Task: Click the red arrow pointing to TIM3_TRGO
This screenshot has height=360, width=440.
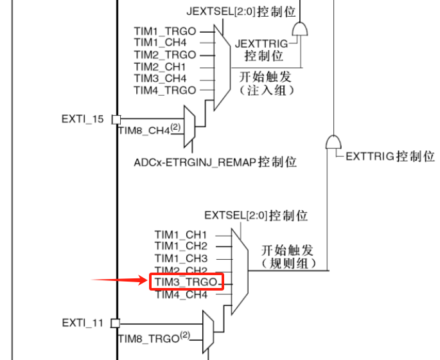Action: (x=119, y=280)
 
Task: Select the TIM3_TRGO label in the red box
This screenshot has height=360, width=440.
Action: (x=186, y=282)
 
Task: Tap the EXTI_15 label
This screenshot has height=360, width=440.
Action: (x=83, y=118)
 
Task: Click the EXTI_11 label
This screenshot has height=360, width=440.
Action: (x=83, y=322)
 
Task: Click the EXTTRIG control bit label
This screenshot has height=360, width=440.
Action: (x=389, y=156)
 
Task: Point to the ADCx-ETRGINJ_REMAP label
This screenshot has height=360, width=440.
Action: (x=215, y=162)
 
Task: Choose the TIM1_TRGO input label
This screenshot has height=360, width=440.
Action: (x=165, y=31)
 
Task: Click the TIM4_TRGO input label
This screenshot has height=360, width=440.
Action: (x=165, y=90)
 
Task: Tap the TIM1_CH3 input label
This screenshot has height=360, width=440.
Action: (x=181, y=258)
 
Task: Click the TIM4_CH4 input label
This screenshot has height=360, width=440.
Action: (x=181, y=295)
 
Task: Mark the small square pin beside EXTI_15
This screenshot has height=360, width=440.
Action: (x=116, y=119)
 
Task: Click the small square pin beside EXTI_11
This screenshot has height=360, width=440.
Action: (x=116, y=323)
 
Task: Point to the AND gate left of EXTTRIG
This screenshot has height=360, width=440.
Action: (x=334, y=142)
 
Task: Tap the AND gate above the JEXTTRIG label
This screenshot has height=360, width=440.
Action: (x=299, y=29)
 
